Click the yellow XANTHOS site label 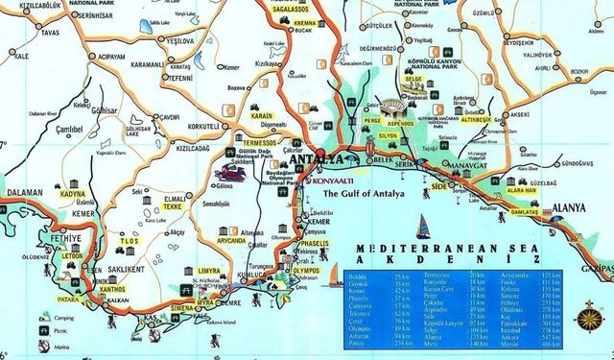[x=112, y=289]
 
